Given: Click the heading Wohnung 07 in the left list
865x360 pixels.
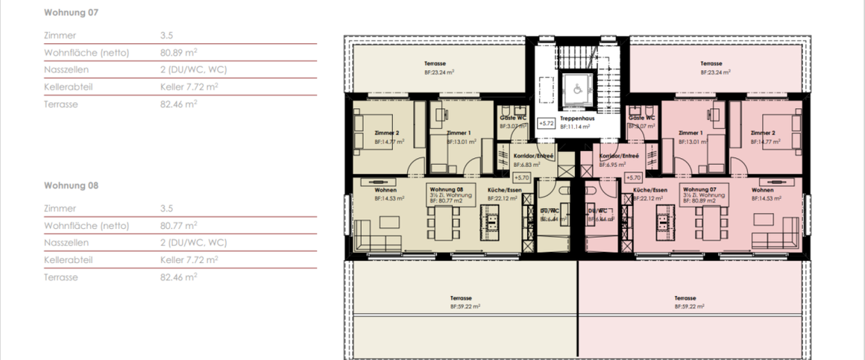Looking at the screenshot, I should [x=71, y=13].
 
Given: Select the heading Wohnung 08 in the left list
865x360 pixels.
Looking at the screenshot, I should [x=71, y=185].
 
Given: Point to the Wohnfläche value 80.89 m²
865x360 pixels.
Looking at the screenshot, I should [x=178, y=53].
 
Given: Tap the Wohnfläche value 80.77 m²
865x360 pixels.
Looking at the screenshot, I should [x=178, y=225].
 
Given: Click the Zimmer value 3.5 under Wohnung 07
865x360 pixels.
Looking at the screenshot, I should [x=166, y=35].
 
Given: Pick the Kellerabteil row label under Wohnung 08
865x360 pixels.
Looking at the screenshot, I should [x=68, y=260].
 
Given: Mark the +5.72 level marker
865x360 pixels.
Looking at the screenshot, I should [x=547, y=123].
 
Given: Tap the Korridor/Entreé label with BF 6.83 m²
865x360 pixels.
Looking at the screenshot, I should [x=533, y=156].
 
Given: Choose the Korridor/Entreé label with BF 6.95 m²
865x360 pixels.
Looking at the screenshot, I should [x=620, y=156].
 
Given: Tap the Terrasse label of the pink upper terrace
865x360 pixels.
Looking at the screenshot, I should [x=711, y=64].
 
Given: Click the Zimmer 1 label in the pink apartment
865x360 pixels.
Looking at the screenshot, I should [x=691, y=132].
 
